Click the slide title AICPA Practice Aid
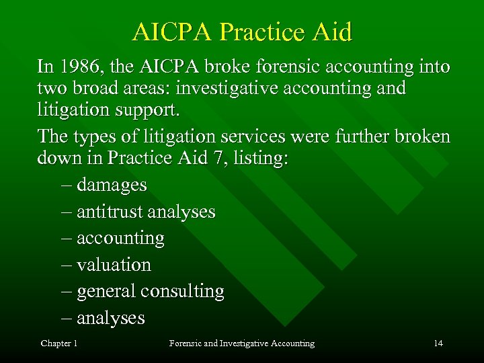(x=242, y=32)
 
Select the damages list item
(x=112, y=184)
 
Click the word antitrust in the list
(x=110, y=212)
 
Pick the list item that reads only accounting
(x=120, y=239)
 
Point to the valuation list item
(x=114, y=265)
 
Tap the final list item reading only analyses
(x=110, y=318)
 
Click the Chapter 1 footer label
(x=59, y=344)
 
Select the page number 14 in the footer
(x=438, y=344)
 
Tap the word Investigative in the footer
(x=240, y=344)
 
